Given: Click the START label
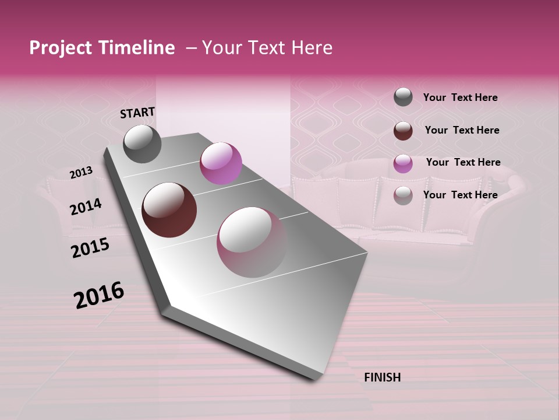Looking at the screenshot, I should pyautogui.click(x=137, y=113).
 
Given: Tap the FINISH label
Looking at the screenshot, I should pyautogui.click(x=382, y=377).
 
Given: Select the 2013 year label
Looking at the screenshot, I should pyautogui.click(x=81, y=173).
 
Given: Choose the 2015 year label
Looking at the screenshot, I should pyautogui.click(x=90, y=248).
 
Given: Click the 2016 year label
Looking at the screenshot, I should pyautogui.click(x=99, y=295).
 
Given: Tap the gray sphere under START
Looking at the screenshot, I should pyautogui.click(x=142, y=143).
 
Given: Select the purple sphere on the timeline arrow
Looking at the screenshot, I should pyautogui.click(x=221, y=163).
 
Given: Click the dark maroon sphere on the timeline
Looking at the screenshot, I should pyautogui.click(x=169, y=210).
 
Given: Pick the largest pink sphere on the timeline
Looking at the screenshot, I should pyautogui.click(x=252, y=242).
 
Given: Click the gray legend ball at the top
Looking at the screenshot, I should pyautogui.click(x=403, y=97).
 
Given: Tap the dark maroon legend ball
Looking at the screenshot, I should pyautogui.click(x=403, y=131).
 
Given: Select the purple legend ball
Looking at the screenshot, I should pyautogui.click(x=403, y=163).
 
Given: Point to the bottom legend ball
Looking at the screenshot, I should pyautogui.click(x=403, y=195).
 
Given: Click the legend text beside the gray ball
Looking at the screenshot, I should pyautogui.click(x=460, y=97).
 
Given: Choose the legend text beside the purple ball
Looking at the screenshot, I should pyautogui.click(x=463, y=162).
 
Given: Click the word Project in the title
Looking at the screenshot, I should pyautogui.click(x=61, y=48).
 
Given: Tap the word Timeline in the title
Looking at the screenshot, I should pyautogui.click(x=137, y=48).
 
